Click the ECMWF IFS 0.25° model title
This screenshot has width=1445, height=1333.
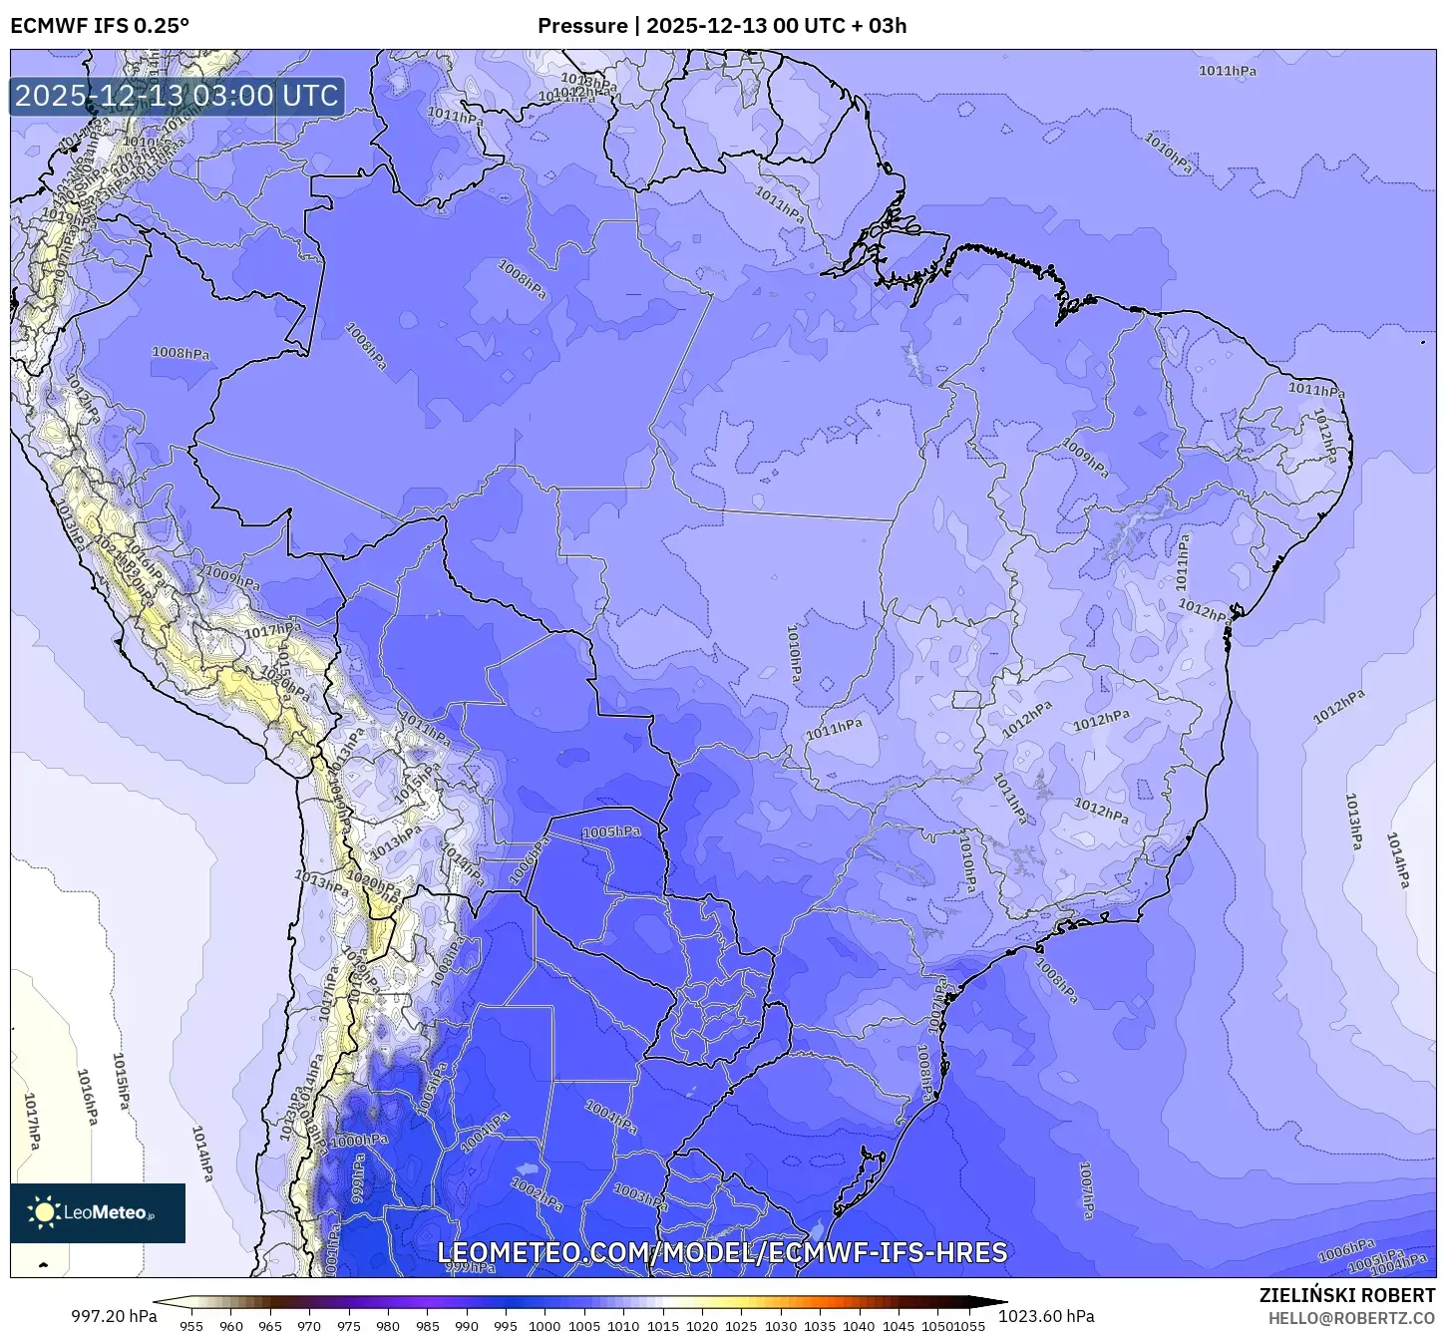100,26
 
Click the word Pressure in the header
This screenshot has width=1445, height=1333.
582,26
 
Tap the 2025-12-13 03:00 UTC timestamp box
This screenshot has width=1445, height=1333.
177,96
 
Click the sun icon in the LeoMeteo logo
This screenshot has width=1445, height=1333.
44,1212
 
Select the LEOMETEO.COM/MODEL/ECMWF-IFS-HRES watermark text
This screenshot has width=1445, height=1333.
722,1252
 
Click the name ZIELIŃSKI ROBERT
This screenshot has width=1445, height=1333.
1346,1296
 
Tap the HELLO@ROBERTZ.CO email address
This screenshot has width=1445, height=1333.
1351,1318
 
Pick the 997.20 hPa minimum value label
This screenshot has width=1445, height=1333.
114,1316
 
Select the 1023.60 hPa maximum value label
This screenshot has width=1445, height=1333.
1053,1316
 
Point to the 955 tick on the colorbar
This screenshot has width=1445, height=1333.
191,1326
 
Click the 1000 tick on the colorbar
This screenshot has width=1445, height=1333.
544,1326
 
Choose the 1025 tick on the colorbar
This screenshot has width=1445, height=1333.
741,1326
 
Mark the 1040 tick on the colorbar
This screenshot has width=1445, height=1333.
859,1326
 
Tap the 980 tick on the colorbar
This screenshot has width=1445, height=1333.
388,1326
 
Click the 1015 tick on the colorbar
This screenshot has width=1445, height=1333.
662,1326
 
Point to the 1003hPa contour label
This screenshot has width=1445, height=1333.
639,1194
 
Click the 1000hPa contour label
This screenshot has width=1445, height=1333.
359,1142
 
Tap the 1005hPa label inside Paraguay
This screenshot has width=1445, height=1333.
611,832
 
